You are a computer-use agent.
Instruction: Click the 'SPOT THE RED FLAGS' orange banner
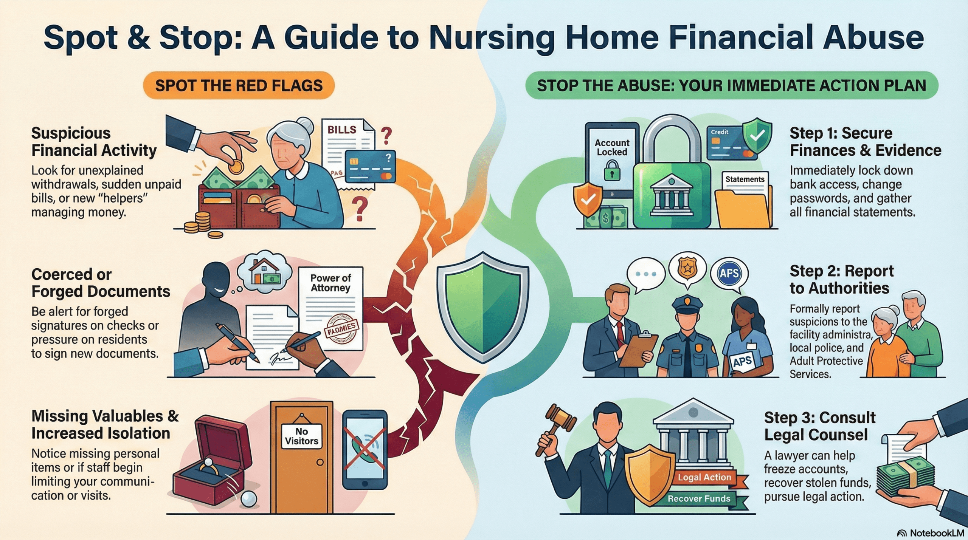pos(239,85)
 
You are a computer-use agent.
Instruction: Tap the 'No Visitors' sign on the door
pos(301,436)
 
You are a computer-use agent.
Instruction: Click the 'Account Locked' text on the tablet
pos(612,147)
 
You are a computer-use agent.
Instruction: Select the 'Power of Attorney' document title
pos(330,283)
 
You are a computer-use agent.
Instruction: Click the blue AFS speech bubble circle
pos(729,273)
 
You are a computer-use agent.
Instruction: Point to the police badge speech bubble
pos(687,269)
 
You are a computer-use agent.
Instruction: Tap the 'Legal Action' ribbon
pos(704,477)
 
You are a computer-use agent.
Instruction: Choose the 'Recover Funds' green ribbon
pos(699,498)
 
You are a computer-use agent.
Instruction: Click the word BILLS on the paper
pos(342,130)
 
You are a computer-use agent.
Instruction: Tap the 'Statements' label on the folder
pos(745,179)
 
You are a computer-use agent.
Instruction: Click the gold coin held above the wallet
pos(236,166)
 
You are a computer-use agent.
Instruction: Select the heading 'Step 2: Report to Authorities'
pos(841,280)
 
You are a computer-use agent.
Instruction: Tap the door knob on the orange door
pos(320,462)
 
